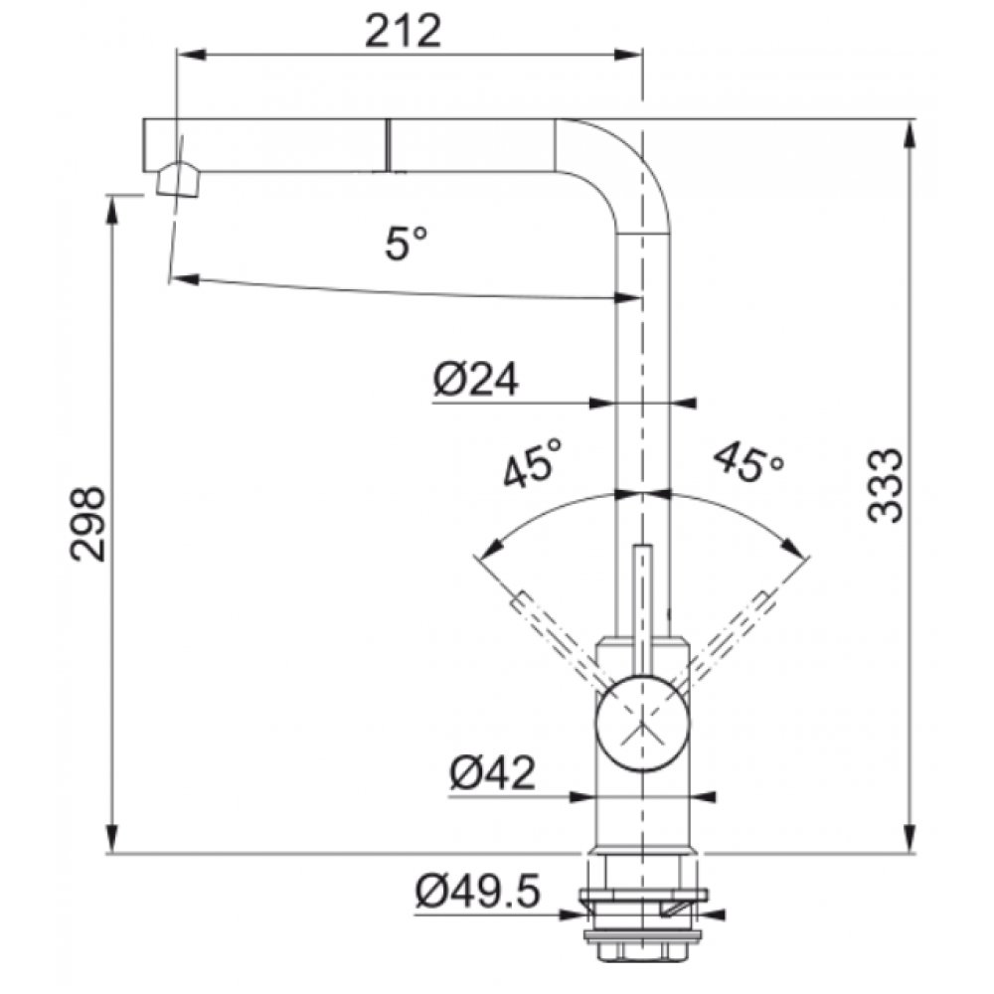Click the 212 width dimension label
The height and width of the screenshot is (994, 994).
[403, 32]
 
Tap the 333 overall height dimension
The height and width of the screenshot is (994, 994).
[884, 486]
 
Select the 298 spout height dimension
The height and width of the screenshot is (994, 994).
[87, 524]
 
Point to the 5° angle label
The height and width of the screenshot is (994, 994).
[407, 243]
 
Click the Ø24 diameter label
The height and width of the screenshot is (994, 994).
[475, 379]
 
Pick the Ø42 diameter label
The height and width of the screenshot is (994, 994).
[493, 772]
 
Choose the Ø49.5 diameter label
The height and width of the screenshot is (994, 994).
[478, 890]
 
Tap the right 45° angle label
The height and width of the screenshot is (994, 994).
[748, 463]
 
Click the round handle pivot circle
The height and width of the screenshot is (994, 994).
[642, 724]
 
